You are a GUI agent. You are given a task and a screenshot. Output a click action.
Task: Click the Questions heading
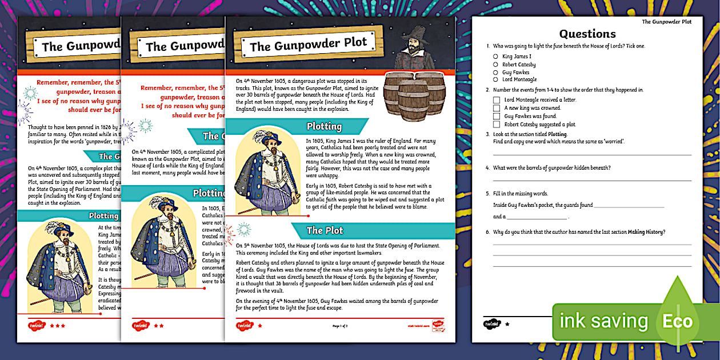tap(587, 34)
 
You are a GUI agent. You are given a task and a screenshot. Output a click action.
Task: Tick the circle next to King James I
tap(495, 57)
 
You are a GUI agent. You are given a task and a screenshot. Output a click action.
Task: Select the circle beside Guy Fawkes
tap(495, 73)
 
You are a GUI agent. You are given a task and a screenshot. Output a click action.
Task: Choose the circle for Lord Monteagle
tap(495, 80)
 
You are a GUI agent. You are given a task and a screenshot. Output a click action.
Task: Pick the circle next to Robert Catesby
tap(495, 65)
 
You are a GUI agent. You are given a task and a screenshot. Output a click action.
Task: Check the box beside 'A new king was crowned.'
tap(497, 108)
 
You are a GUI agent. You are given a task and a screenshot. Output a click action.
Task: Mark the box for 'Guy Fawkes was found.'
tap(497, 116)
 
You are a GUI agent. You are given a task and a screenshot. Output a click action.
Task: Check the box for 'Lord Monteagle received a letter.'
tap(497, 100)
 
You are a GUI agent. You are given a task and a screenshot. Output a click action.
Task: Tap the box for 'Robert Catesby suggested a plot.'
tap(497, 124)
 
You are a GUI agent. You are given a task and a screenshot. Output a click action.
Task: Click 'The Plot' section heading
tap(325, 230)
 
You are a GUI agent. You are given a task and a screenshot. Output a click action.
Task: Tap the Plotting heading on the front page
tap(324, 126)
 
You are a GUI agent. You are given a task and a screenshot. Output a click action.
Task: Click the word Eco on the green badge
tap(677, 321)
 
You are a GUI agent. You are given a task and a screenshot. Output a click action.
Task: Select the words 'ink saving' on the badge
tap(603, 321)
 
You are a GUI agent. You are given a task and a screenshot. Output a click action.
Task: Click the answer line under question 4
tap(591, 181)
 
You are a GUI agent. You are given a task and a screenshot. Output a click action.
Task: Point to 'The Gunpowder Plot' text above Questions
tap(666, 22)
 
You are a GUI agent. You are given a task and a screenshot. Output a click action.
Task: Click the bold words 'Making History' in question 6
tap(646, 231)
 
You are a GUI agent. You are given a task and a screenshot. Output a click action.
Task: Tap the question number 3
tap(487, 134)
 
